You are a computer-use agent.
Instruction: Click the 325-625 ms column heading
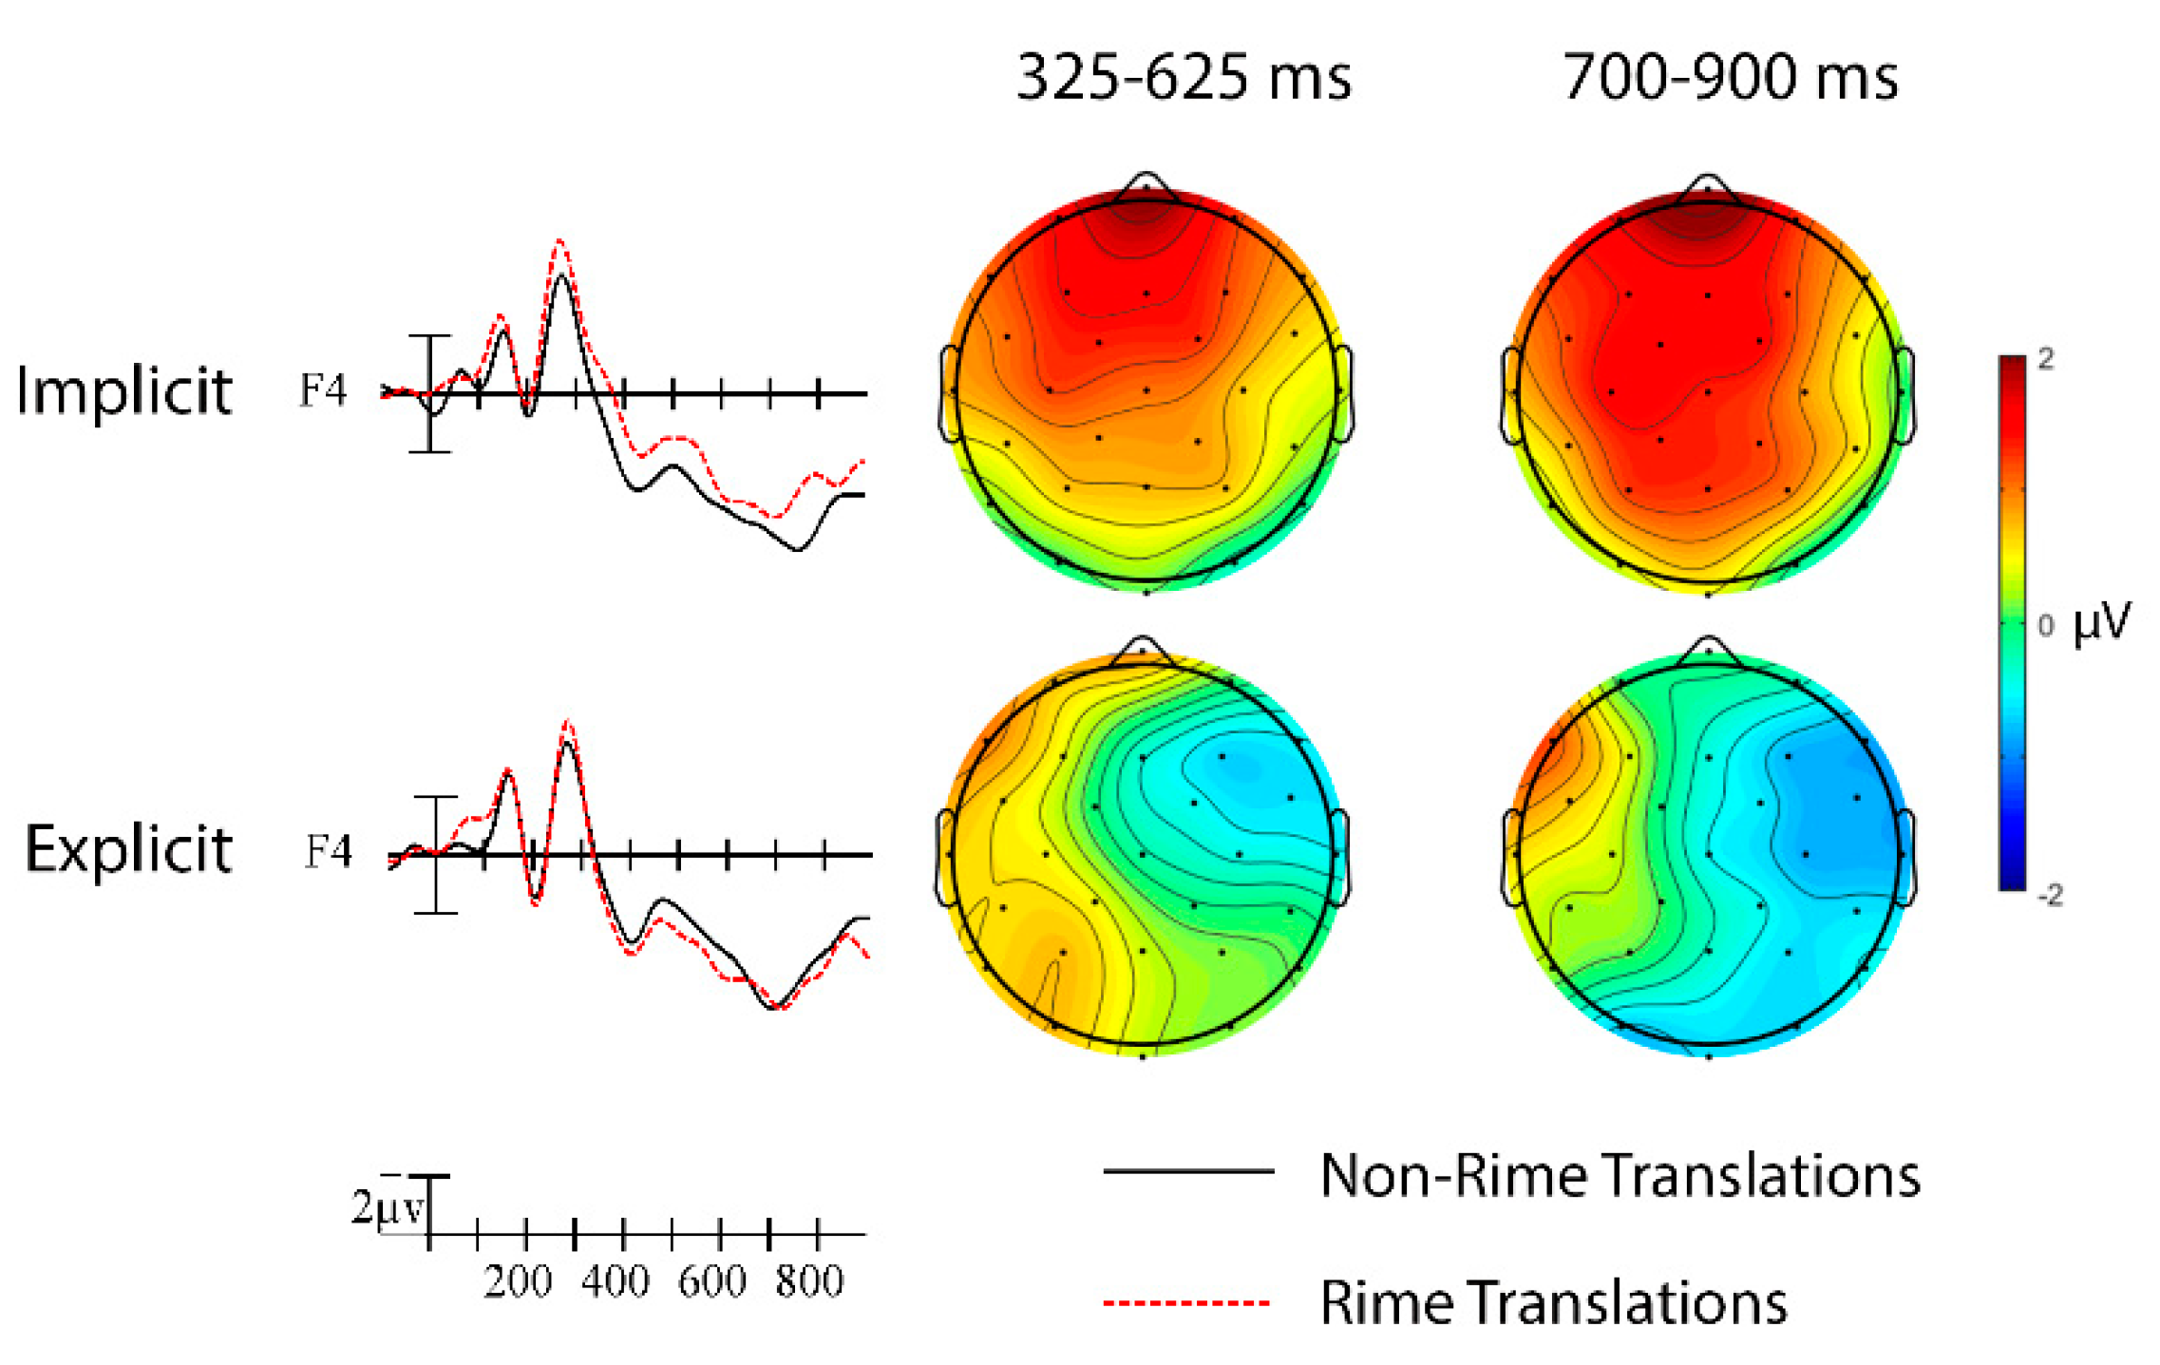(x=1184, y=77)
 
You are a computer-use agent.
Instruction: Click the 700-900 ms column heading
(x=1730, y=77)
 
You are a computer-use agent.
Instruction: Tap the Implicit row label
(x=124, y=390)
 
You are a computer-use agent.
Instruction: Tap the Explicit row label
(x=128, y=848)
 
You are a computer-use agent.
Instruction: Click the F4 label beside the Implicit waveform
(x=323, y=389)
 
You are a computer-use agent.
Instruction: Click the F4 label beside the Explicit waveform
(x=328, y=851)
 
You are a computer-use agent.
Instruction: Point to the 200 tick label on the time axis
(x=517, y=1282)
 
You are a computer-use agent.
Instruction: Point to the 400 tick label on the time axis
(x=616, y=1282)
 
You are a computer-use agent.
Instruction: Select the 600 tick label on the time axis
(x=711, y=1282)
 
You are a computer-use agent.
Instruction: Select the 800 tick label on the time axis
(x=809, y=1282)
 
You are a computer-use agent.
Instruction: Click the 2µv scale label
(x=387, y=1208)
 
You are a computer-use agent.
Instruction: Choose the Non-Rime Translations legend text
(x=1620, y=1176)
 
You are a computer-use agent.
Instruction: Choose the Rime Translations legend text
(x=1553, y=1302)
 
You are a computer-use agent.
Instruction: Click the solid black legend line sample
(x=1187, y=1172)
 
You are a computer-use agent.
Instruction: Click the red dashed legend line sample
(x=1187, y=1302)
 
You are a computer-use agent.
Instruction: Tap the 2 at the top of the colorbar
(x=2046, y=359)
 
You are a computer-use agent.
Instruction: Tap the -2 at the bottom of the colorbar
(x=2050, y=895)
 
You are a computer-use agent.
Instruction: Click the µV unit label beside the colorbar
(x=2102, y=622)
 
